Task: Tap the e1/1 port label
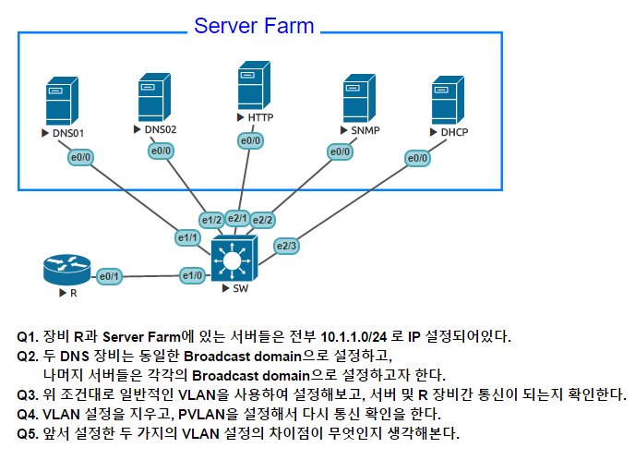coord(189,238)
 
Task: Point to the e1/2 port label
coord(212,220)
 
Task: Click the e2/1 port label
coord(238,218)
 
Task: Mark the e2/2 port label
coord(263,220)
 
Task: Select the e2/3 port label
coord(287,246)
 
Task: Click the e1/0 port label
coord(193,274)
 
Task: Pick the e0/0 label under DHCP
coord(418,158)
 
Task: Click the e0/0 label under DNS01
coord(80,158)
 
